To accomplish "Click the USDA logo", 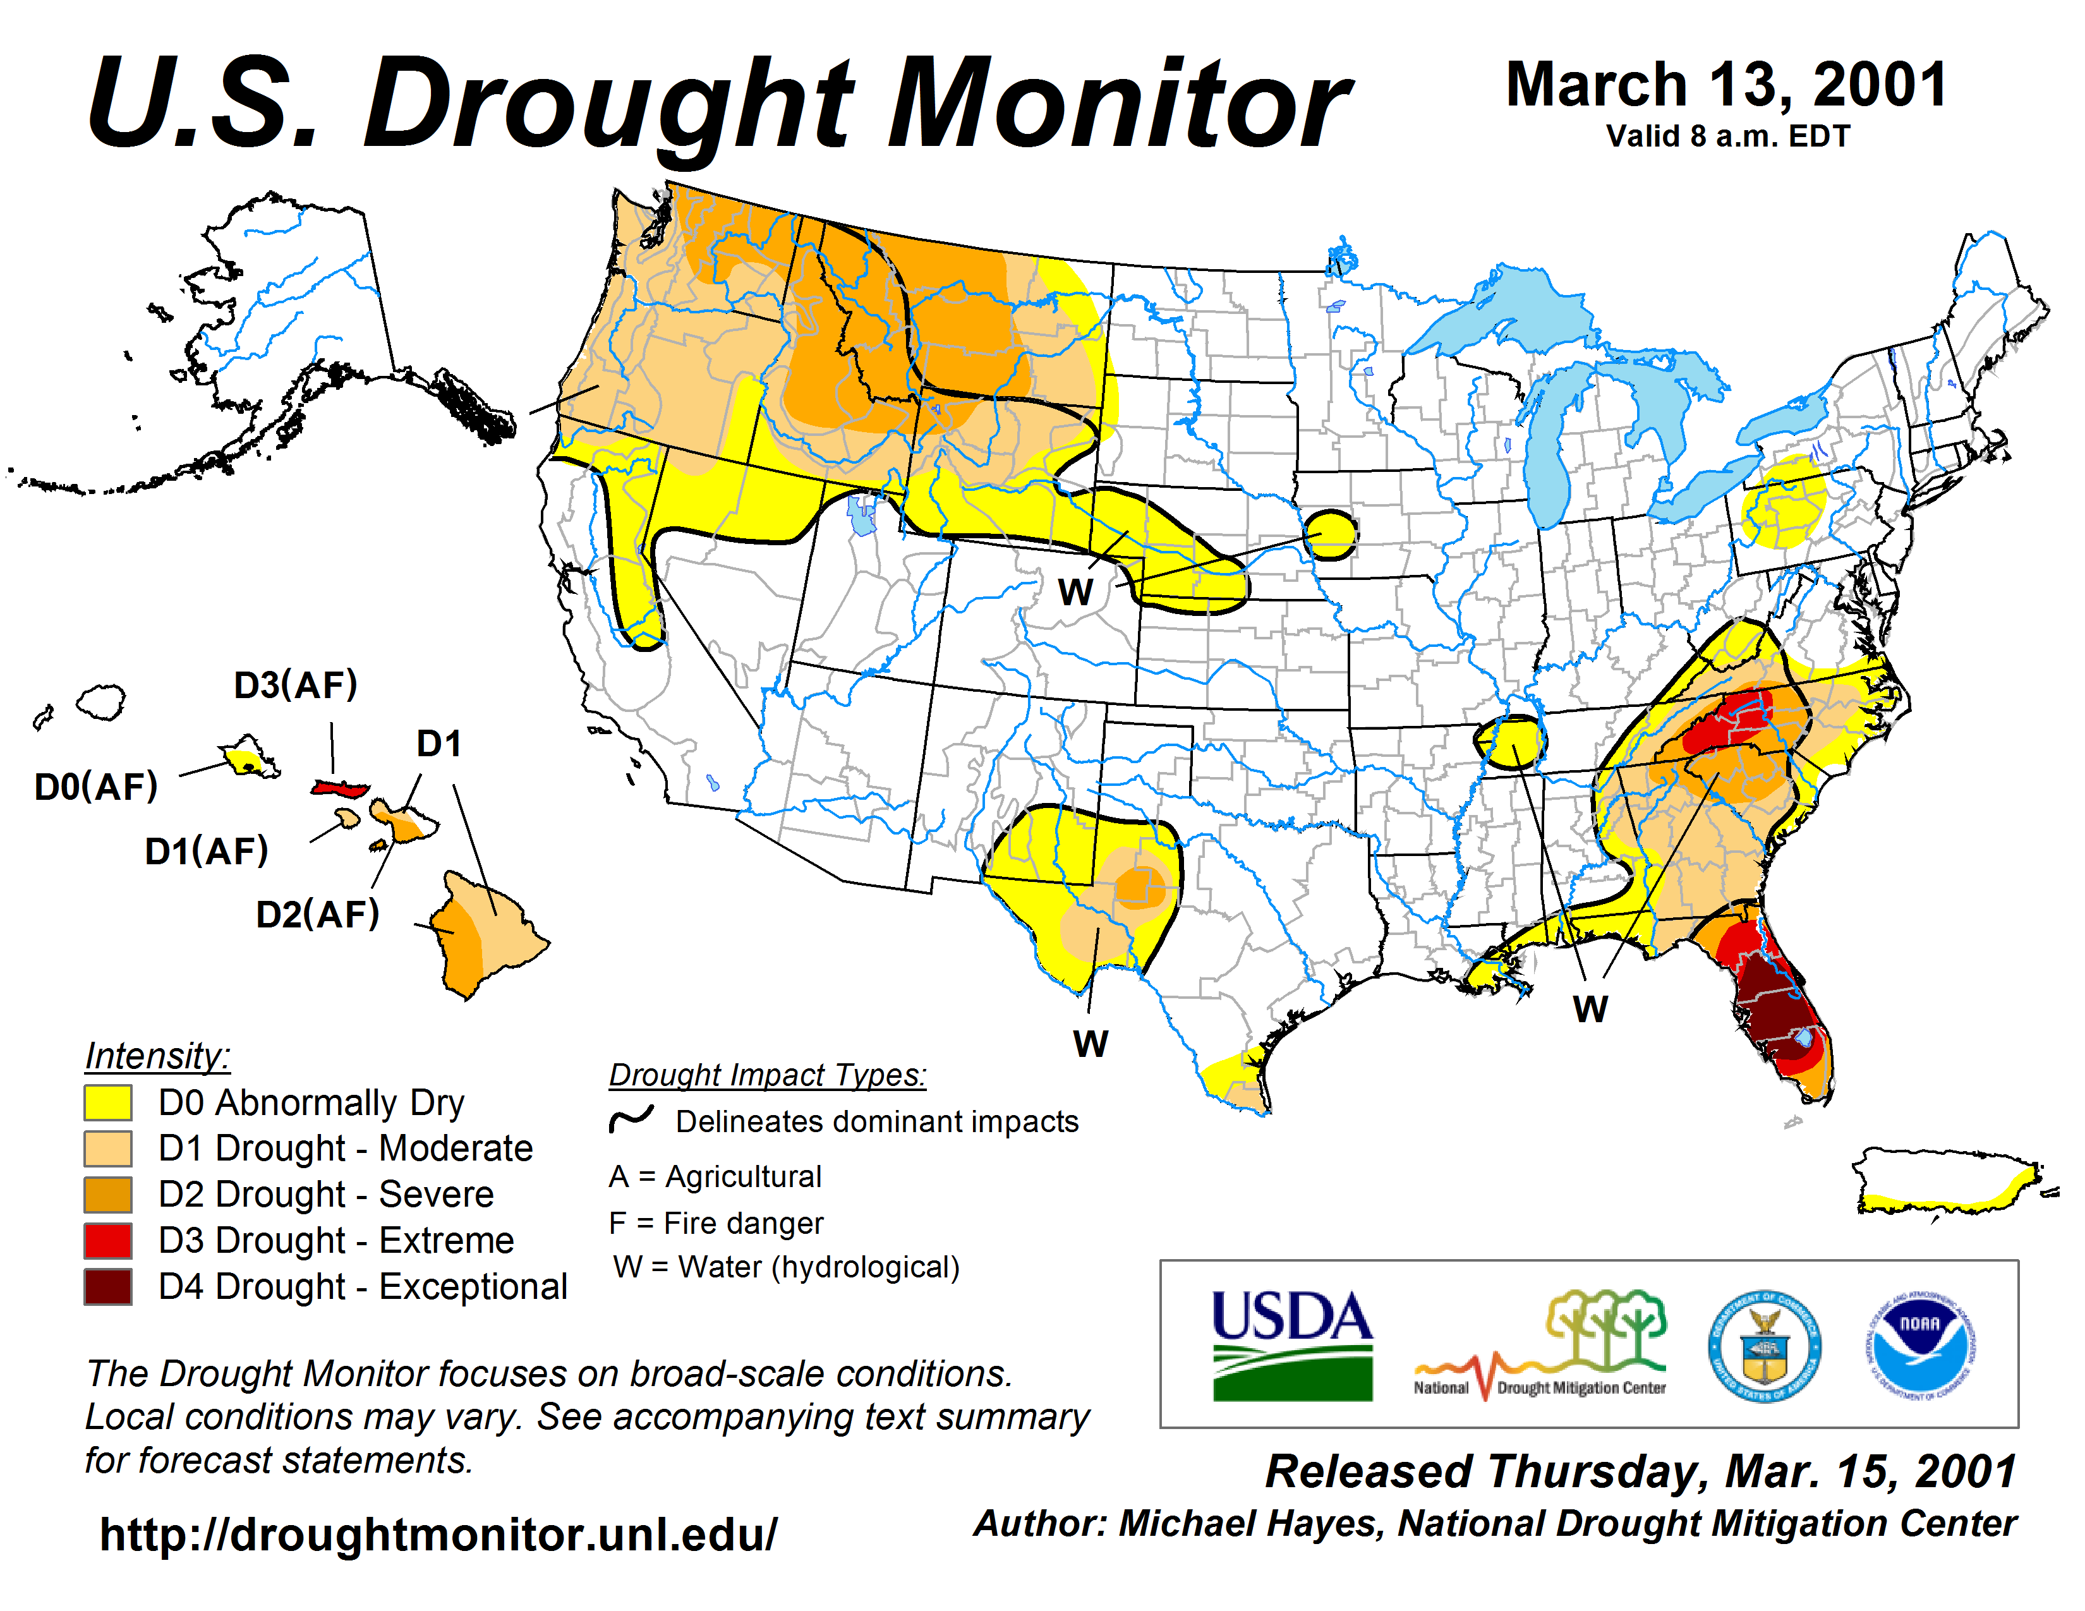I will tap(1291, 1346).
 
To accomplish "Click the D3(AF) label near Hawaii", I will tap(296, 685).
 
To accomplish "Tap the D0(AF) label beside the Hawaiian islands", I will tap(95, 787).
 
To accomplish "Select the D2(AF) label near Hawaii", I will tap(317, 914).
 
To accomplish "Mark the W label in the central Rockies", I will tap(1075, 593).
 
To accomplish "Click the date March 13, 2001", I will tap(1726, 86).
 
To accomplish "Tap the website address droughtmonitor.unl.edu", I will tap(438, 1535).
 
